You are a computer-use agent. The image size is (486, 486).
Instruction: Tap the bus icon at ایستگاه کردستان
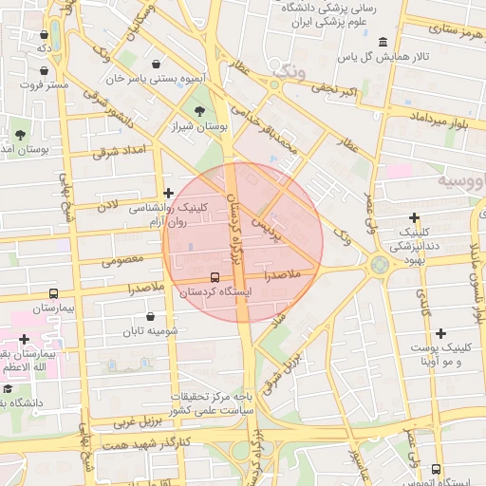coord(215,278)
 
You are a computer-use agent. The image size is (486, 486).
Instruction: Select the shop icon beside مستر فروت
coord(45,69)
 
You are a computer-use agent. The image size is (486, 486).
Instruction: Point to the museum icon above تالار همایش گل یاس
coord(383,43)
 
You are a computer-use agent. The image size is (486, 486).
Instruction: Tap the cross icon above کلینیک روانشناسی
coord(168,193)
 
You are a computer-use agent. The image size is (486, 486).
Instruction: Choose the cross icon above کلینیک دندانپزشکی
coord(415,217)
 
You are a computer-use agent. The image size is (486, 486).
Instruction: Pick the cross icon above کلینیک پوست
coord(439,333)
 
